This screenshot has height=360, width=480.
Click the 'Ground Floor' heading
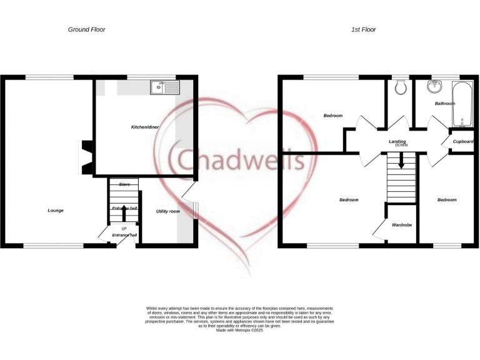click(x=86, y=29)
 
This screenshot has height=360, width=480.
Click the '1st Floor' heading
click(x=364, y=29)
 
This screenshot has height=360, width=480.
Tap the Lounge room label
click(x=56, y=210)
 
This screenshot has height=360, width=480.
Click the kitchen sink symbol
click(x=164, y=87)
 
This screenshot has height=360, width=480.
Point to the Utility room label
click(x=167, y=211)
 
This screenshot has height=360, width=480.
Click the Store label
click(x=124, y=184)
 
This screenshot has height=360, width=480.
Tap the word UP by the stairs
click(x=124, y=229)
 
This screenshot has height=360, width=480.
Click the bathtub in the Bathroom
click(x=461, y=103)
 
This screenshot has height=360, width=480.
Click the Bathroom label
click(x=444, y=103)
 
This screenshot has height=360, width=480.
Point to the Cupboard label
click(x=462, y=141)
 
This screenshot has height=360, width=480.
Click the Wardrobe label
click(x=401, y=224)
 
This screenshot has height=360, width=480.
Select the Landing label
click(x=397, y=141)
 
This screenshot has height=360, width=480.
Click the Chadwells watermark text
click(x=241, y=159)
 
